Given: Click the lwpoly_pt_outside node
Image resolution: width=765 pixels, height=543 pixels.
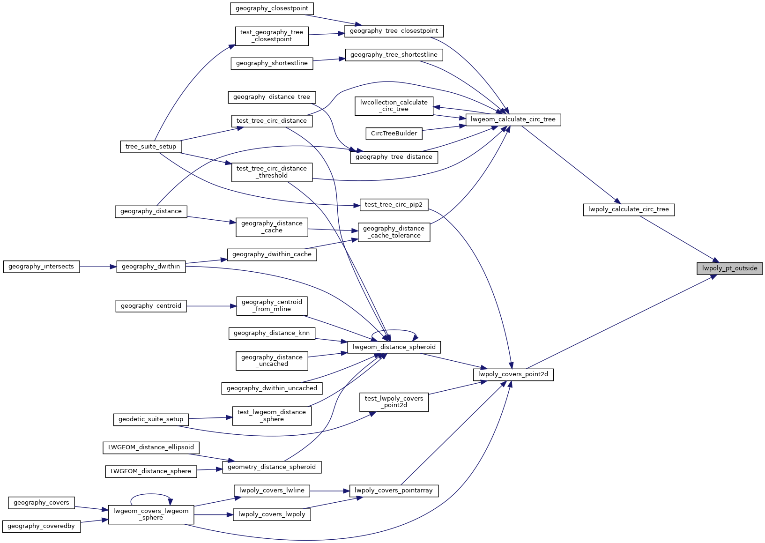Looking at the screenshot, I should [729, 268].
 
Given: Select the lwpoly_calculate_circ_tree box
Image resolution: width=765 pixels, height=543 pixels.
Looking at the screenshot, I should [629, 209].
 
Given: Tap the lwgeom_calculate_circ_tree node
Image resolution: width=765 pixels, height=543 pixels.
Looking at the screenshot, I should [513, 119].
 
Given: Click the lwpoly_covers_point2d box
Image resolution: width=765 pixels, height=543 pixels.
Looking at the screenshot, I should [513, 374].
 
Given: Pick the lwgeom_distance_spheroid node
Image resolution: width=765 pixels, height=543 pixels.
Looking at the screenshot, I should [394, 347].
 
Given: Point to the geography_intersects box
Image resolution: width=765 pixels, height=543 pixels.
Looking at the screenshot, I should [41, 267].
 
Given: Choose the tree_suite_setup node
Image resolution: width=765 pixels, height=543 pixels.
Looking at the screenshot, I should [151, 147].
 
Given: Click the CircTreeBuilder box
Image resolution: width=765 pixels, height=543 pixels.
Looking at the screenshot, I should [394, 134].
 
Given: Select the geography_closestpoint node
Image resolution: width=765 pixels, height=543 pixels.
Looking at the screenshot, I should [272, 8].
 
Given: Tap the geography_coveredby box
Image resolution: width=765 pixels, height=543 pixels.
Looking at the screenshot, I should [41, 526].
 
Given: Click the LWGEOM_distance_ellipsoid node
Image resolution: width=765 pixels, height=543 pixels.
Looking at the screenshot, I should [151, 447].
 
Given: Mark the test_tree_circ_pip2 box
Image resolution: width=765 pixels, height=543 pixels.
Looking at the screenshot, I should [394, 205].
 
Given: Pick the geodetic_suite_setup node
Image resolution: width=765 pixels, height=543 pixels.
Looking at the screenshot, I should [151, 419].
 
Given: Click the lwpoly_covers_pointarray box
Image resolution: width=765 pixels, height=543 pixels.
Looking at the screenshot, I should [394, 491].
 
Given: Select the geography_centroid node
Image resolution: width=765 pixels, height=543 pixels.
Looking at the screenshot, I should [151, 306].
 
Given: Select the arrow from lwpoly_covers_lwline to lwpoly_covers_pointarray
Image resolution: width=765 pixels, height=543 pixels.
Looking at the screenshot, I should [330, 491].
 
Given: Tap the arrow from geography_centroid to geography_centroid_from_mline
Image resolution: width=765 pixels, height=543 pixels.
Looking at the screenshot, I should [211, 306].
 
